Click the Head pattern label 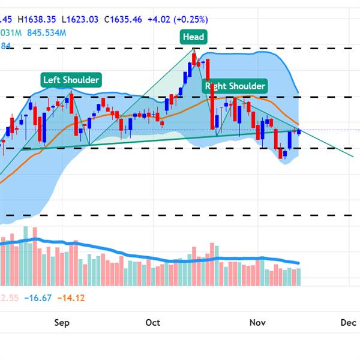pyautogui.click(x=193, y=37)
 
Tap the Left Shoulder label pyautogui.click(x=71, y=79)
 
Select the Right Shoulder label pyautogui.click(x=235, y=86)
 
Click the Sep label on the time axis pyautogui.click(x=62, y=323)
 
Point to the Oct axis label pyautogui.click(x=152, y=323)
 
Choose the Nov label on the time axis pyautogui.click(x=257, y=323)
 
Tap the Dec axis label pyautogui.click(x=349, y=323)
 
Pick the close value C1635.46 pyautogui.click(x=122, y=19)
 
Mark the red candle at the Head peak pyautogui.click(x=194, y=57)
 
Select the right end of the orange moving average pyautogui.click(x=298, y=124)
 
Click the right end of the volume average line pyautogui.click(x=299, y=263)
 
